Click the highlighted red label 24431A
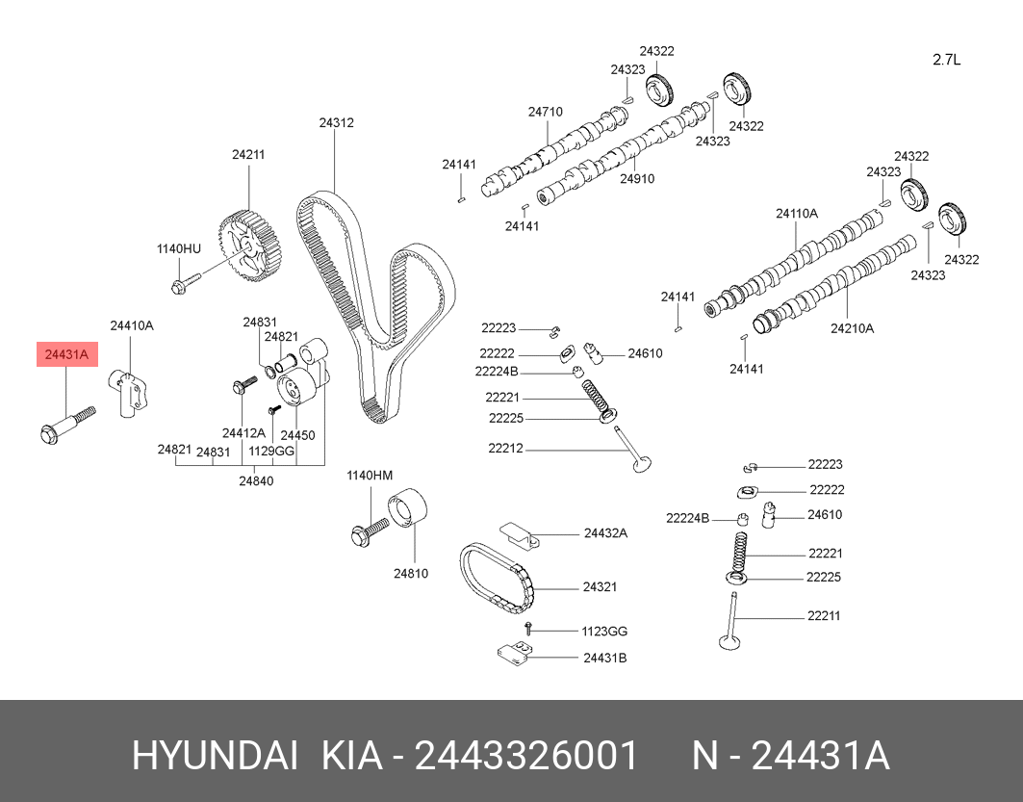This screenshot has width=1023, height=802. coord(66,354)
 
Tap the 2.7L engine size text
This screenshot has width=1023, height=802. coord(946,60)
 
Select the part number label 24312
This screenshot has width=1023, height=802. coord(336,122)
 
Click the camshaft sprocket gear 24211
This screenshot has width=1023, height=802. coord(250,247)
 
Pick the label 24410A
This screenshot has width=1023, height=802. coord(132,325)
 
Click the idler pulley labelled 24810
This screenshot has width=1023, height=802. coord(407,511)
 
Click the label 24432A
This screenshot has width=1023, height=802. coord(605,533)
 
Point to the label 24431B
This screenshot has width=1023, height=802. coord(604,658)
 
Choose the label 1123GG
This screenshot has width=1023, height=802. coord(604,631)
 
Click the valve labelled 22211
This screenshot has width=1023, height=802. coord(731,621)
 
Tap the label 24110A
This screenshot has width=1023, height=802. coord(797,214)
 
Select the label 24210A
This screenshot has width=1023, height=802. coord(852,328)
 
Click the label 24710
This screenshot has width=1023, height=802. coord(546,112)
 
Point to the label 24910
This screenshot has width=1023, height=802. coord(637,179)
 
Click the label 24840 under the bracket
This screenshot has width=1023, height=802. coord(256,481)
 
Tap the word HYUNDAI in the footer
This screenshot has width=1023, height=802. coord(216,756)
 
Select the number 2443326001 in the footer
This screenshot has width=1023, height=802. coord(526,756)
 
